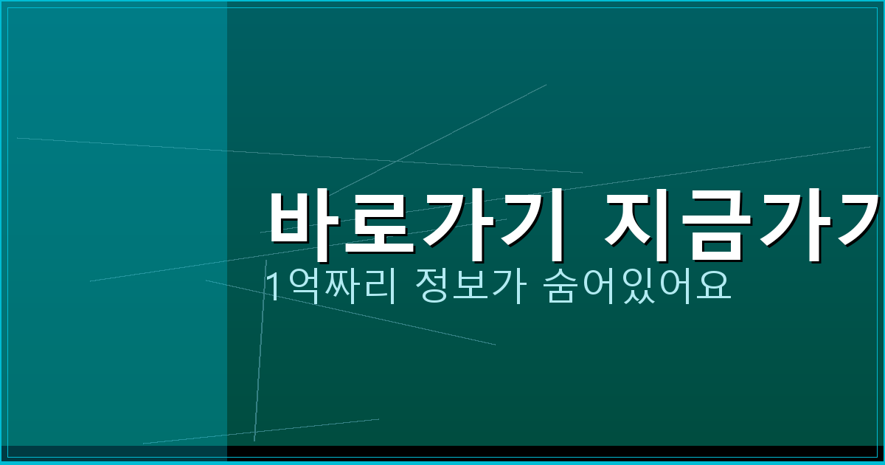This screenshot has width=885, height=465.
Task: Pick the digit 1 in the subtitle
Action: [x=272, y=286]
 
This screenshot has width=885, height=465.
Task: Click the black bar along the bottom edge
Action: [x=553, y=451]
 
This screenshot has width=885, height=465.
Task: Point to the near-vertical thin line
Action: [x=260, y=354]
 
